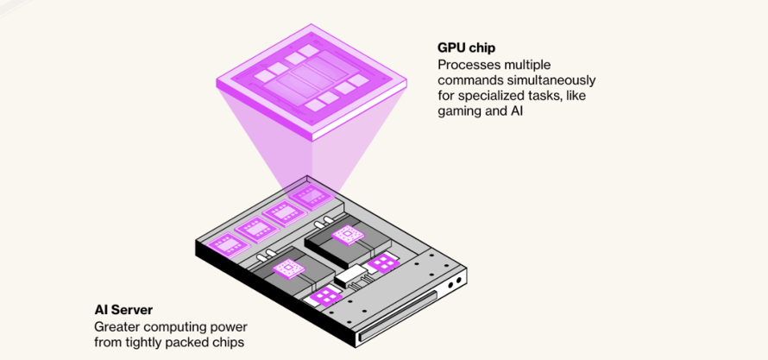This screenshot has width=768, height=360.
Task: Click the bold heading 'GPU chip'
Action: pos(466,48)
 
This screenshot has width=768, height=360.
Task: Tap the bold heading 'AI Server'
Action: pos(123,310)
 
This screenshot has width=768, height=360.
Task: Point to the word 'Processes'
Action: pos(466,64)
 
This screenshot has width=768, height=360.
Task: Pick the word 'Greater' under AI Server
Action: pos(114,326)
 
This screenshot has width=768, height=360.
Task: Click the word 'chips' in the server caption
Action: pos(228,343)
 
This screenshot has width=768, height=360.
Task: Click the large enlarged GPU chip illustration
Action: pos(312,81)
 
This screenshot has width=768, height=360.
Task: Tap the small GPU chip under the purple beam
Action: pos(311,198)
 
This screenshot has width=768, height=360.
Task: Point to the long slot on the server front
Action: pos(397,315)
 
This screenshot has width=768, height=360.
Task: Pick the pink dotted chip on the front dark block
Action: pos(288,269)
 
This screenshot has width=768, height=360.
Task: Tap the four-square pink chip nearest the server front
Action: pos(324,297)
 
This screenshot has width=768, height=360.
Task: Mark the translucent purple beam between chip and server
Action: pos(312,147)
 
